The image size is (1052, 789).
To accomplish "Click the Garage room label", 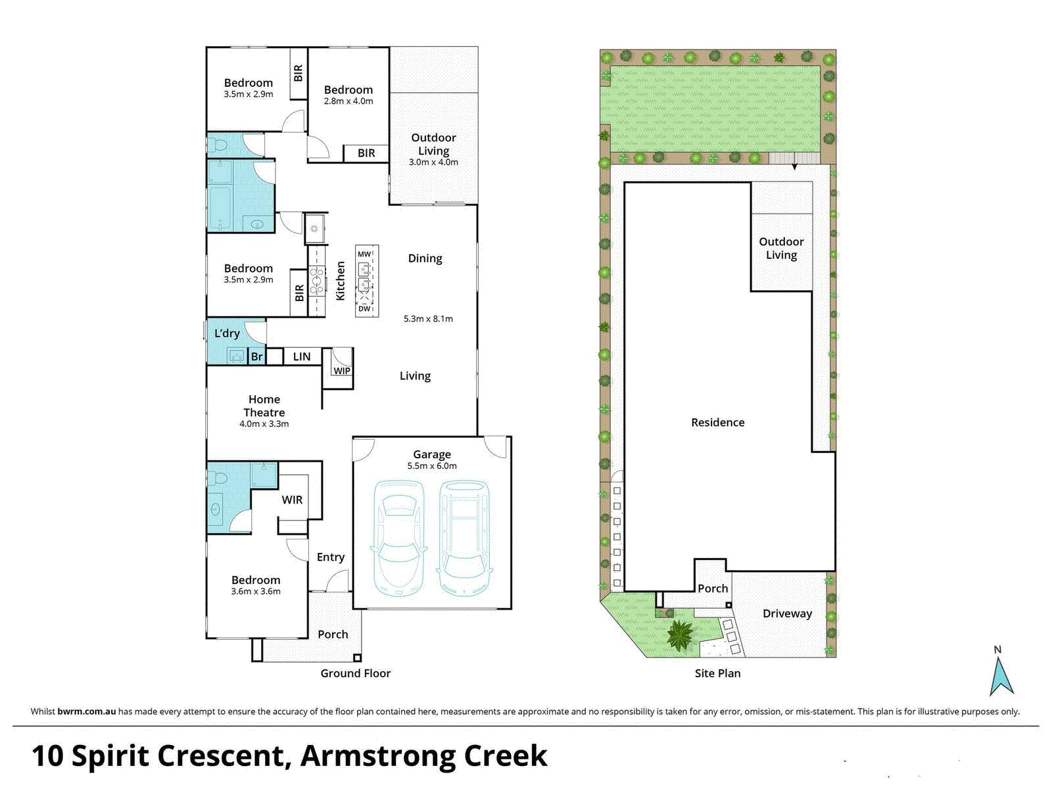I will [432, 454].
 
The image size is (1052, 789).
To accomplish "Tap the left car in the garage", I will [398, 539].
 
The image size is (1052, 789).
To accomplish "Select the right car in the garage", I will [465, 539].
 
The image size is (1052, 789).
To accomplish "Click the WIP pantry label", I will [342, 371].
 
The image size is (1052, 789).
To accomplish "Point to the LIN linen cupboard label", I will [302, 356].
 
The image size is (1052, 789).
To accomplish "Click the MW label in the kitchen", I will [364, 254].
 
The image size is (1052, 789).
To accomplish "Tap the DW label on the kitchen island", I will [364, 308].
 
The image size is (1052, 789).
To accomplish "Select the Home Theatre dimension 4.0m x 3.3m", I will [264, 424].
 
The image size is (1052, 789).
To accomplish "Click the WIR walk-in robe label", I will [292, 500].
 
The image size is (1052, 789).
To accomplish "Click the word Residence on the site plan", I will [717, 423].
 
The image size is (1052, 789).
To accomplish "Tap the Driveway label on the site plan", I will [787, 613].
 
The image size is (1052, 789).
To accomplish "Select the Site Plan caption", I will [717, 673].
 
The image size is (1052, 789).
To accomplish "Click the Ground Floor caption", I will [355, 673].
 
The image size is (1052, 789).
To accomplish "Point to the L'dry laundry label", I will [227, 333].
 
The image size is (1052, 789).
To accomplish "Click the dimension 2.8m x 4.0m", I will [348, 101].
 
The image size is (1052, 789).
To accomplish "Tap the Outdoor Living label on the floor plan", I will [433, 144].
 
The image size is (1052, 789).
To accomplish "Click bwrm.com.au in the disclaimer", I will [87, 711].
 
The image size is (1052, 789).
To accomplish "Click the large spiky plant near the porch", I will [679, 635].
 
